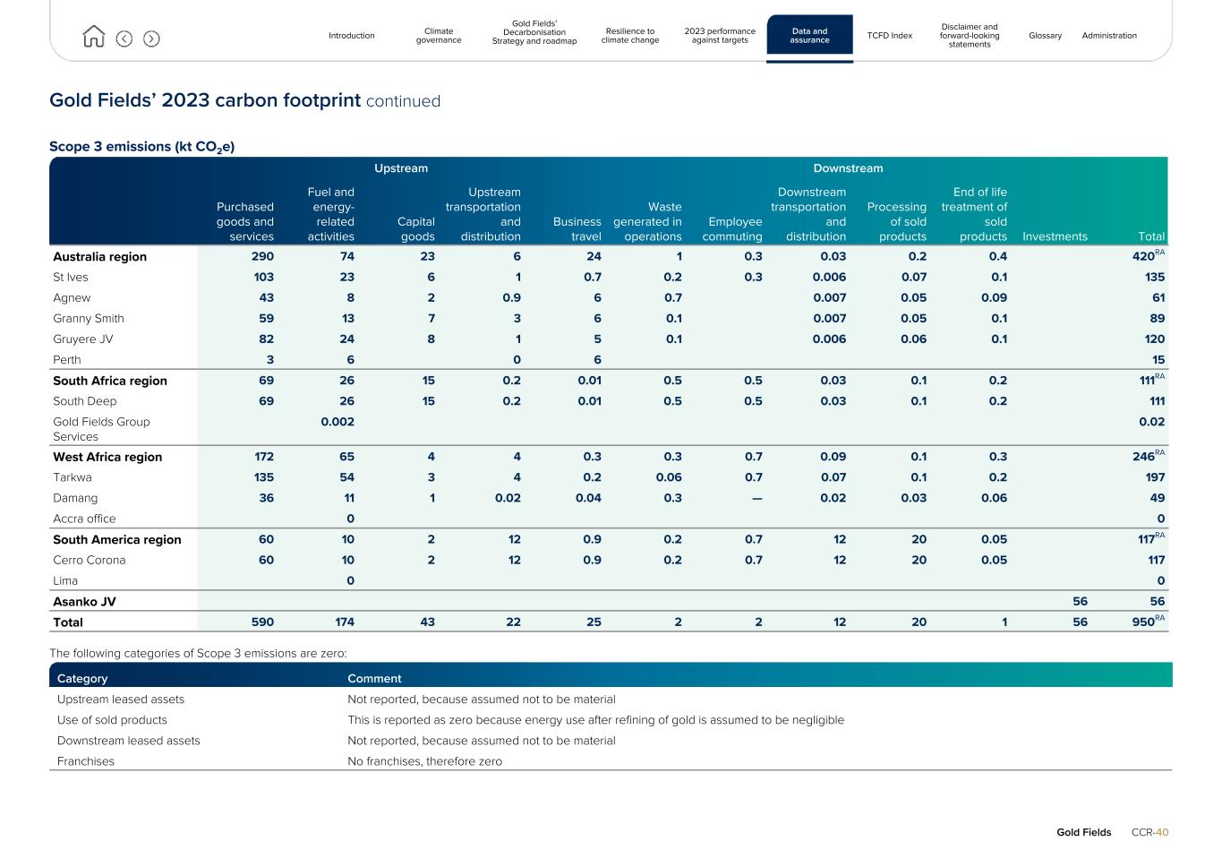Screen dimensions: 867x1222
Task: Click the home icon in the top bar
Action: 93,37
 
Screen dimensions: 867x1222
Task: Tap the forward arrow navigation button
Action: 151,39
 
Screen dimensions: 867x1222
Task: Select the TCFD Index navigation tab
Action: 889,36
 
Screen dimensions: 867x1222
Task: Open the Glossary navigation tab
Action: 1045,36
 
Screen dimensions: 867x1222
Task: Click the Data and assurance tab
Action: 809,36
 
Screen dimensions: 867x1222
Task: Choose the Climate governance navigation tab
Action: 439,36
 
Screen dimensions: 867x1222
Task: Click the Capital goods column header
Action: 416,229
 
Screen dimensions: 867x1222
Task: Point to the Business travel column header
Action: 577,229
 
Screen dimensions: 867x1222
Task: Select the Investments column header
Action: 1055,236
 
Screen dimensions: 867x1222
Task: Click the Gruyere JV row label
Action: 83,339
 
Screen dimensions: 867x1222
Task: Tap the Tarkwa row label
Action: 73,477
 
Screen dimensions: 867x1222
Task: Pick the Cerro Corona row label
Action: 90,560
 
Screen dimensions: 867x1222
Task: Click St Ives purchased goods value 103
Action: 263,278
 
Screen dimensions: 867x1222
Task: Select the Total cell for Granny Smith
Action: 1155,319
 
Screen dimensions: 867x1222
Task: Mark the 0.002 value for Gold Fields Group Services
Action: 338,422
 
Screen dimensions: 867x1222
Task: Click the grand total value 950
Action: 1141,622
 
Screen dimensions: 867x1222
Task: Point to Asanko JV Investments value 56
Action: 1080,602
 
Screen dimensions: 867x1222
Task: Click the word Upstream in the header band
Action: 401,168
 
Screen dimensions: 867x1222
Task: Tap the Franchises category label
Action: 86,761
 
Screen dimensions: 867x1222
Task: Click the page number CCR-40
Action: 1149,832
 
